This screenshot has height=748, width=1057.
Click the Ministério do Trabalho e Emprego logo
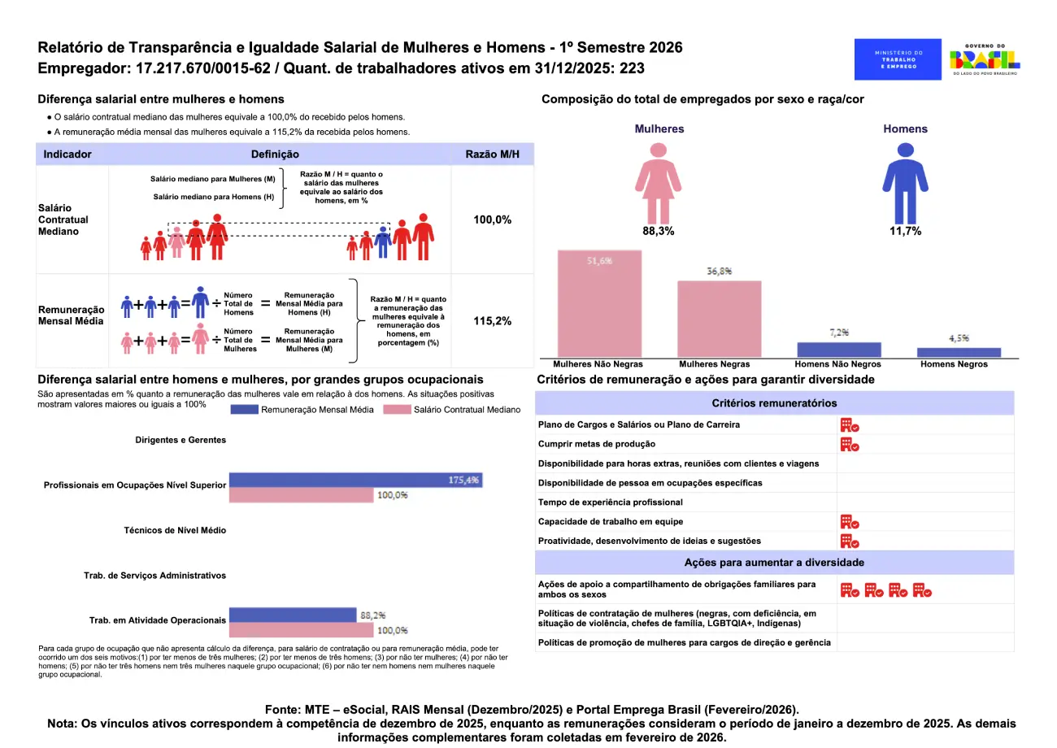(898, 59)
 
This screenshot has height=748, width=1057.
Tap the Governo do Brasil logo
(985, 59)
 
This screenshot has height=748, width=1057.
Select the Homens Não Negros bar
(838, 350)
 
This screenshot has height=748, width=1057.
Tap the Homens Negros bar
(959, 353)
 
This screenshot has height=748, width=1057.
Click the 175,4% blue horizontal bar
(355, 480)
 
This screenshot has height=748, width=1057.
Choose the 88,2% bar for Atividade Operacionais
(293, 615)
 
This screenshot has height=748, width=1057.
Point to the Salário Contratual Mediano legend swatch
(396, 410)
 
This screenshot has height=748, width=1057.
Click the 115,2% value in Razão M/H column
(493, 321)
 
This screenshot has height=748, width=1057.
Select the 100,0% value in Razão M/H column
(493, 220)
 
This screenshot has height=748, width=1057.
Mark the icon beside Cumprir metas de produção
(850, 444)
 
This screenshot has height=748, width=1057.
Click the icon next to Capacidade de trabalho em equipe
(850, 522)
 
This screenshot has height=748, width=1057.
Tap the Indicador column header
(67, 154)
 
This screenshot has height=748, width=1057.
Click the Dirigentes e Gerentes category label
(181, 440)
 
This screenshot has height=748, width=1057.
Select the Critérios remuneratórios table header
(774, 403)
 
